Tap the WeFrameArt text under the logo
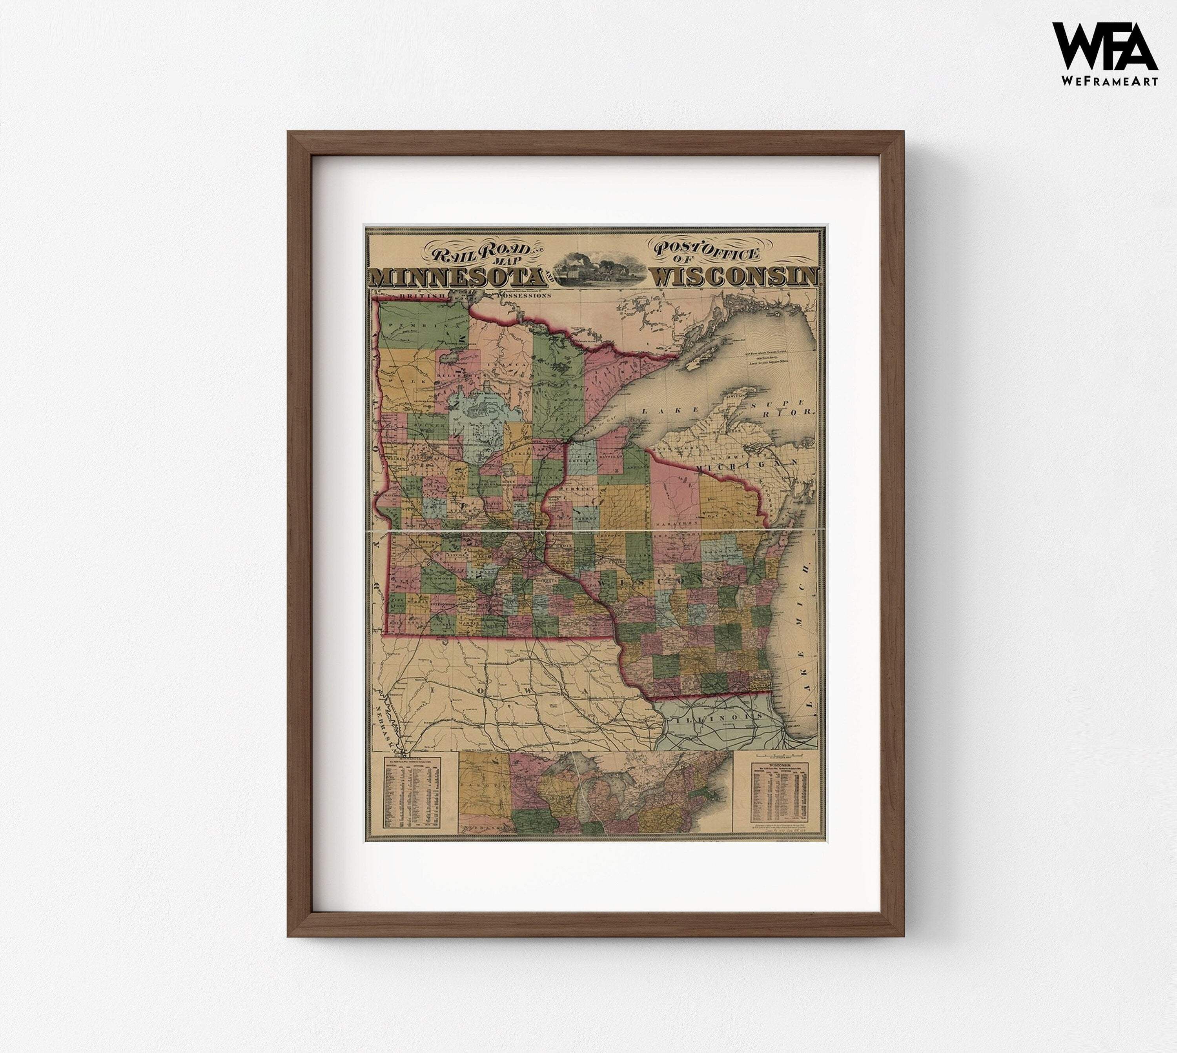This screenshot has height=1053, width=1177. click(x=1109, y=82)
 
